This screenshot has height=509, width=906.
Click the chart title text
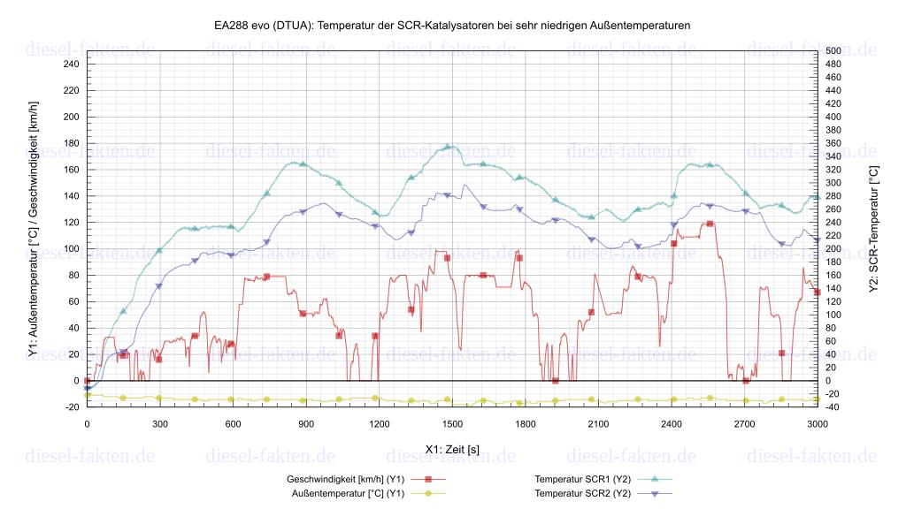point(452,26)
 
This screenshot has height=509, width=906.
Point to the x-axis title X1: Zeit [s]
point(452,449)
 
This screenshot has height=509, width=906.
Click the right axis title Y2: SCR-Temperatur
point(874,228)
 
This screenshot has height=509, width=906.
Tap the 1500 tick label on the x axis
point(452,424)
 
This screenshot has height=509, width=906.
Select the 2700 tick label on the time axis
point(744,424)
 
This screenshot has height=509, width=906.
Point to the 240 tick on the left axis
point(71,64)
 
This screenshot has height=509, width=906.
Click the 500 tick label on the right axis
point(833,50)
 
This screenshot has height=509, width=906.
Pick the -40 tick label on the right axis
point(833,407)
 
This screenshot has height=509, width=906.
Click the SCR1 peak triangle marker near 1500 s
point(448,147)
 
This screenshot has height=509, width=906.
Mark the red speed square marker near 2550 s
point(710,224)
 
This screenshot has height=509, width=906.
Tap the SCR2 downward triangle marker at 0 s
point(87,388)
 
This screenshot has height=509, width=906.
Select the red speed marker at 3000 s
point(818,292)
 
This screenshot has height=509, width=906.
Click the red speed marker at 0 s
point(87,381)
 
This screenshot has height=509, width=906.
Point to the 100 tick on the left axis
point(71,248)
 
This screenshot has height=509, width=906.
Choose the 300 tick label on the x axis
point(160,424)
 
